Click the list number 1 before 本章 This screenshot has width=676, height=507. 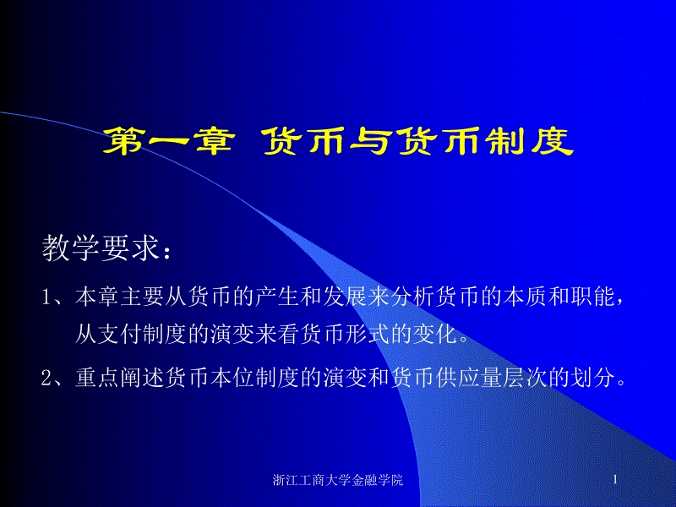47,297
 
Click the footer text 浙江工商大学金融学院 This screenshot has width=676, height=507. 339,480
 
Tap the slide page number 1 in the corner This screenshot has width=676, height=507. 616,480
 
